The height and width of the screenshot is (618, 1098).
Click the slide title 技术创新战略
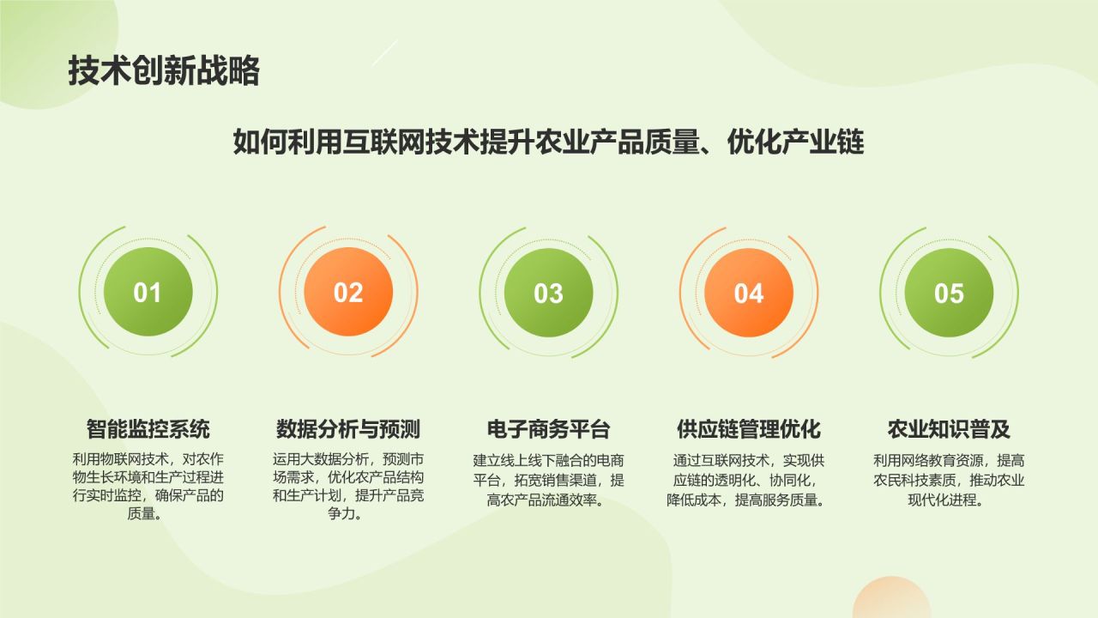(163, 71)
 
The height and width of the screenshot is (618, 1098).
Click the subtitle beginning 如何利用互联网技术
(548, 142)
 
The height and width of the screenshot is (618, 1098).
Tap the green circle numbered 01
(148, 293)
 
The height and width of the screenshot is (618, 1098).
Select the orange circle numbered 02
(348, 293)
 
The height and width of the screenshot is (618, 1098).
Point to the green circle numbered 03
(548, 293)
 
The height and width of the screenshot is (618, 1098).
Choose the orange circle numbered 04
(749, 293)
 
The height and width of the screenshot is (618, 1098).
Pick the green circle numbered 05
(949, 293)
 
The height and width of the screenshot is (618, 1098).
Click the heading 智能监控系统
(148, 428)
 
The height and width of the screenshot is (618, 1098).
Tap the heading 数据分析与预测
(348, 428)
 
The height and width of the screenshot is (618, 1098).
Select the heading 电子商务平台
(548, 428)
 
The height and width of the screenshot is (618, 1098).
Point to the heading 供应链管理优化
(749, 428)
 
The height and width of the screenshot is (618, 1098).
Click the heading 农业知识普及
(949, 428)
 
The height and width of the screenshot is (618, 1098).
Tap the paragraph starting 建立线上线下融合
(548, 480)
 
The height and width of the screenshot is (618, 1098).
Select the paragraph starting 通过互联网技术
(749, 480)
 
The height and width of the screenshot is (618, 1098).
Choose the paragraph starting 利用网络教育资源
(949, 480)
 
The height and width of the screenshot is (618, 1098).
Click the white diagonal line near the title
(384, 52)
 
